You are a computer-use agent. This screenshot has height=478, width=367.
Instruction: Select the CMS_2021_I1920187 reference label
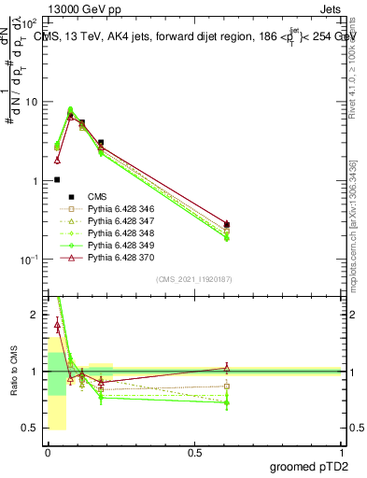[193, 279]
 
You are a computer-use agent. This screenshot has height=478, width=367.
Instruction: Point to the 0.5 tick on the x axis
[194, 451]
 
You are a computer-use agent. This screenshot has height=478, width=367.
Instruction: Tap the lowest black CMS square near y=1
[57, 179]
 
